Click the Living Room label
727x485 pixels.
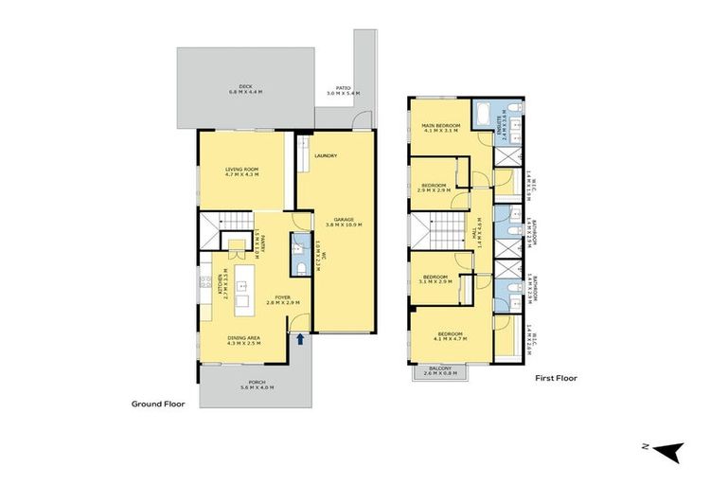tap(242, 170)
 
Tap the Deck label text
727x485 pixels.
tap(244, 85)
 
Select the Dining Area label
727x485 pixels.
tap(243, 338)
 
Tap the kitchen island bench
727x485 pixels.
tap(242, 288)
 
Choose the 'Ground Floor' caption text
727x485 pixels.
tap(158, 404)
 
